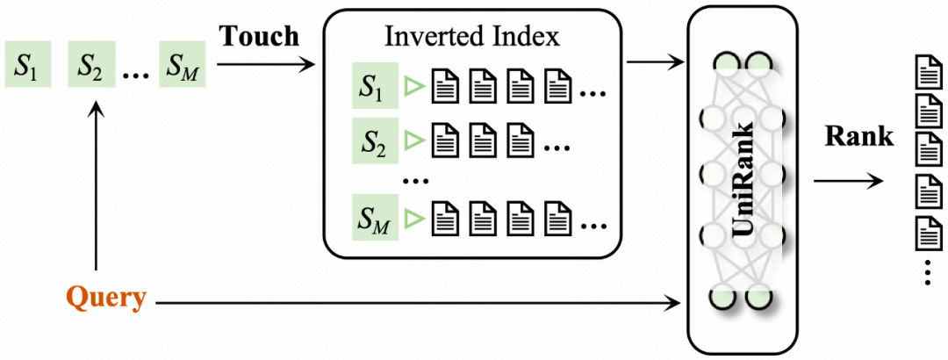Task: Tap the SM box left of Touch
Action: (183, 65)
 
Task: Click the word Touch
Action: (259, 37)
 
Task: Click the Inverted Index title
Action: (472, 37)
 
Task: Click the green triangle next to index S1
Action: (411, 87)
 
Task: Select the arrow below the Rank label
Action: (848, 181)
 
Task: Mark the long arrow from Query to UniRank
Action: (421, 304)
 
